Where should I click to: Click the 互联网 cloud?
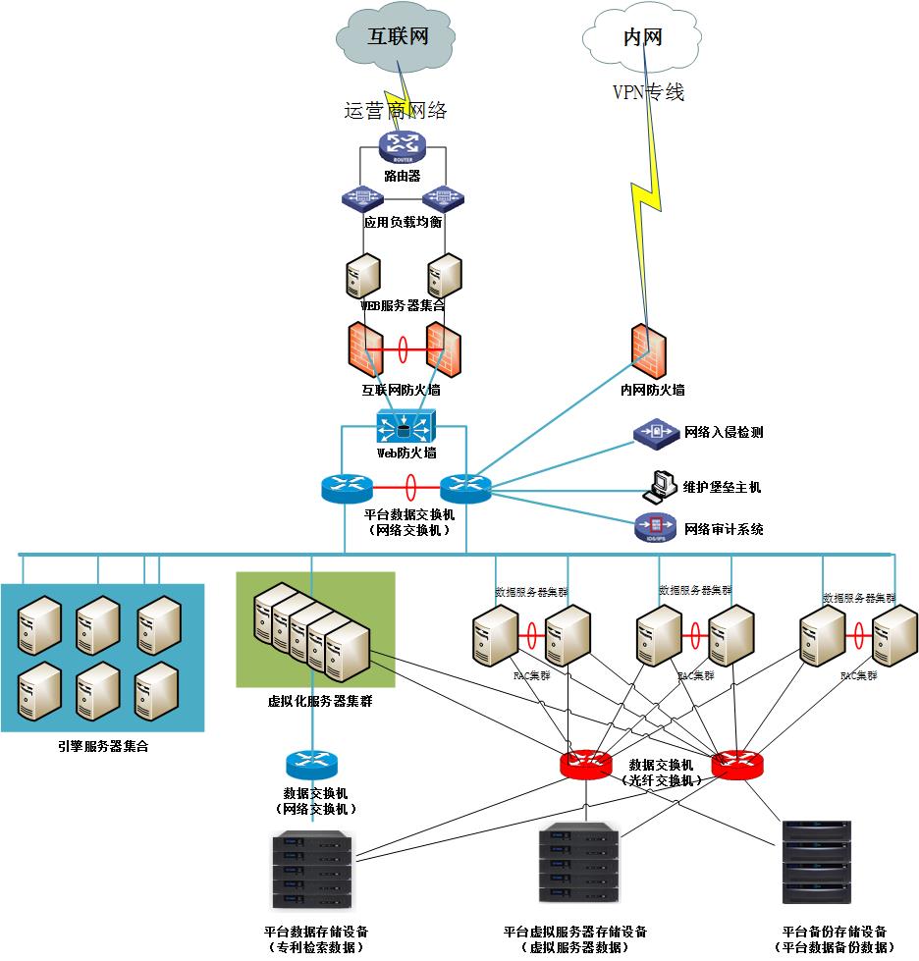(x=398, y=37)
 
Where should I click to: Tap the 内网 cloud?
(x=642, y=37)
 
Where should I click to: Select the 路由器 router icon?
(x=402, y=148)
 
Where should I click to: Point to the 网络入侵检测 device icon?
(x=655, y=432)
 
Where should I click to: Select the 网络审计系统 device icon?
(x=655, y=527)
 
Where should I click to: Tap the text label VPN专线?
(x=648, y=93)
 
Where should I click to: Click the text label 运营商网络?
(x=396, y=111)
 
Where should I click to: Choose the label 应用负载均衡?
(x=403, y=222)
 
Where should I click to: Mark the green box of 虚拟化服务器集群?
(x=315, y=629)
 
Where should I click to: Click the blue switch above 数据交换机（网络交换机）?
(x=311, y=764)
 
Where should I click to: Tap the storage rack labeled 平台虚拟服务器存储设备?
(x=579, y=864)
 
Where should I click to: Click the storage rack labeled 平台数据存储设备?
(x=313, y=870)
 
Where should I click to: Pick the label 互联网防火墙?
(x=402, y=391)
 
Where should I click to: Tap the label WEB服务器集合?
(x=403, y=306)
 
